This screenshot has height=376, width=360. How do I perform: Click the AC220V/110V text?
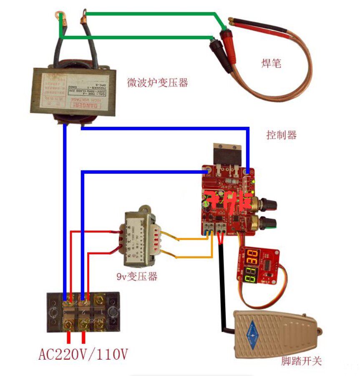pyautogui.click(x=83, y=355)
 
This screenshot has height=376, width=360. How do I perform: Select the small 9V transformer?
pyautogui.click(x=140, y=240)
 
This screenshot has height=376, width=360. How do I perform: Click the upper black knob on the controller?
pyautogui.click(x=268, y=204)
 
